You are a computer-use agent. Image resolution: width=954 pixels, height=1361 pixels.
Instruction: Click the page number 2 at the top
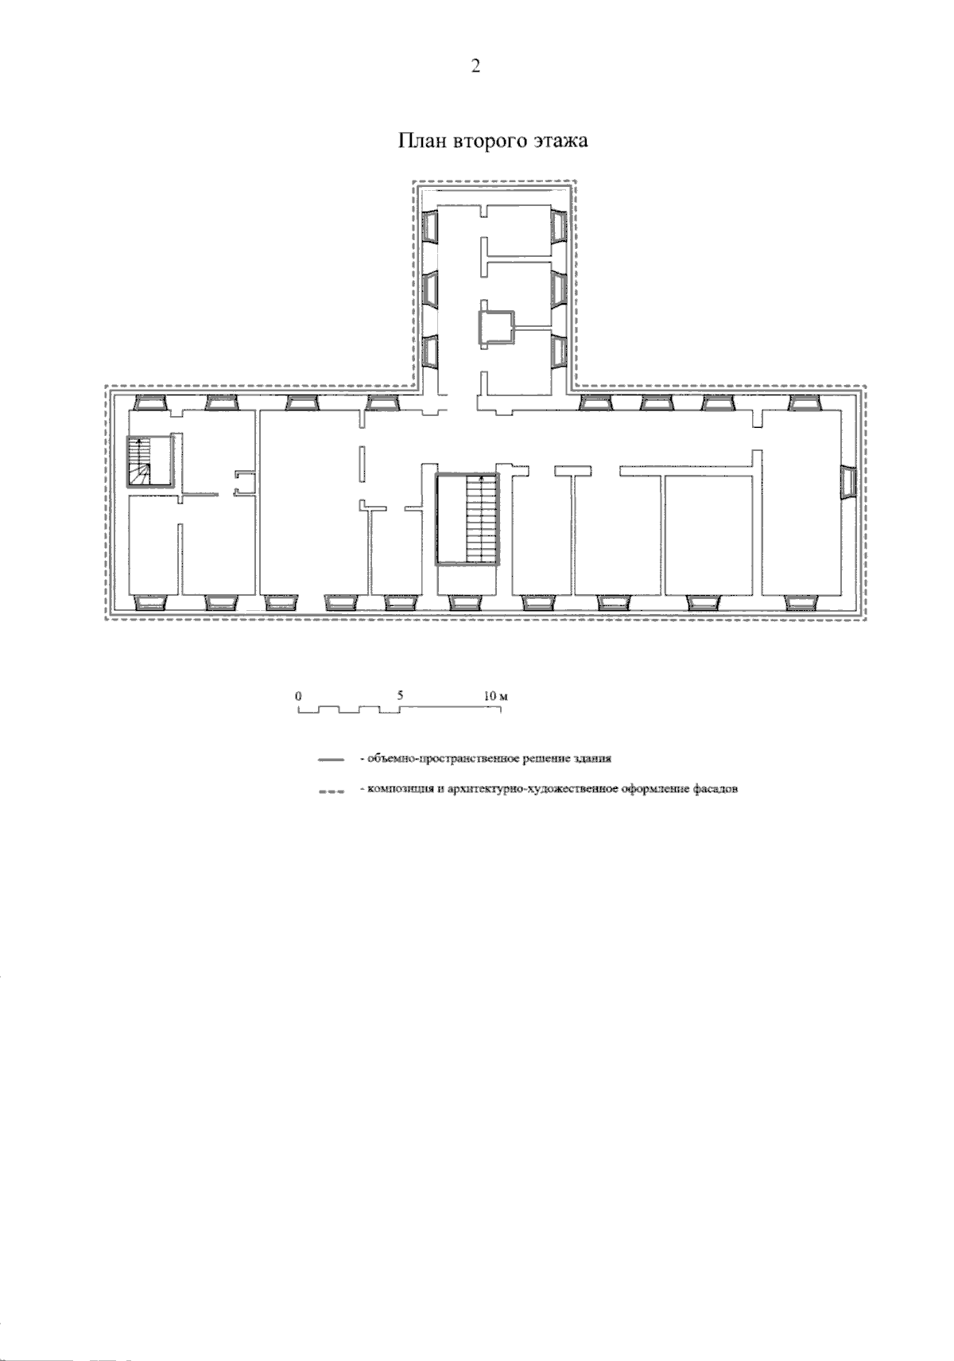click(475, 66)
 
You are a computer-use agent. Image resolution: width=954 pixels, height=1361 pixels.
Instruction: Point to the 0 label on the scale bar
click(298, 696)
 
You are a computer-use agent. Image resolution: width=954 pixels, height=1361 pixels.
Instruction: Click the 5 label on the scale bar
click(400, 695)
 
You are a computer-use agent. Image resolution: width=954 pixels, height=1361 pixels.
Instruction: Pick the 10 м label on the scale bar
click(495, 696)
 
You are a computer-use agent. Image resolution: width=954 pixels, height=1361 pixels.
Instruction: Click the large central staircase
click(467, 519)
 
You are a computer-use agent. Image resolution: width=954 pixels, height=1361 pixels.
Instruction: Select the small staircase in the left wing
click(149, 461)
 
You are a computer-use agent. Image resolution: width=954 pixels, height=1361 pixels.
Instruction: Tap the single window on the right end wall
click(847, 482)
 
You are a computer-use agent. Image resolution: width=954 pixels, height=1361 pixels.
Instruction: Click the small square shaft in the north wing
click(496, 329)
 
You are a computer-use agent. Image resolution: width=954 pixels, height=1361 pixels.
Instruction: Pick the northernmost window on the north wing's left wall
click(430, 227)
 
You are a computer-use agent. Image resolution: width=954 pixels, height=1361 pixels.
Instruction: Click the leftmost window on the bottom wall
click(149, 602)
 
